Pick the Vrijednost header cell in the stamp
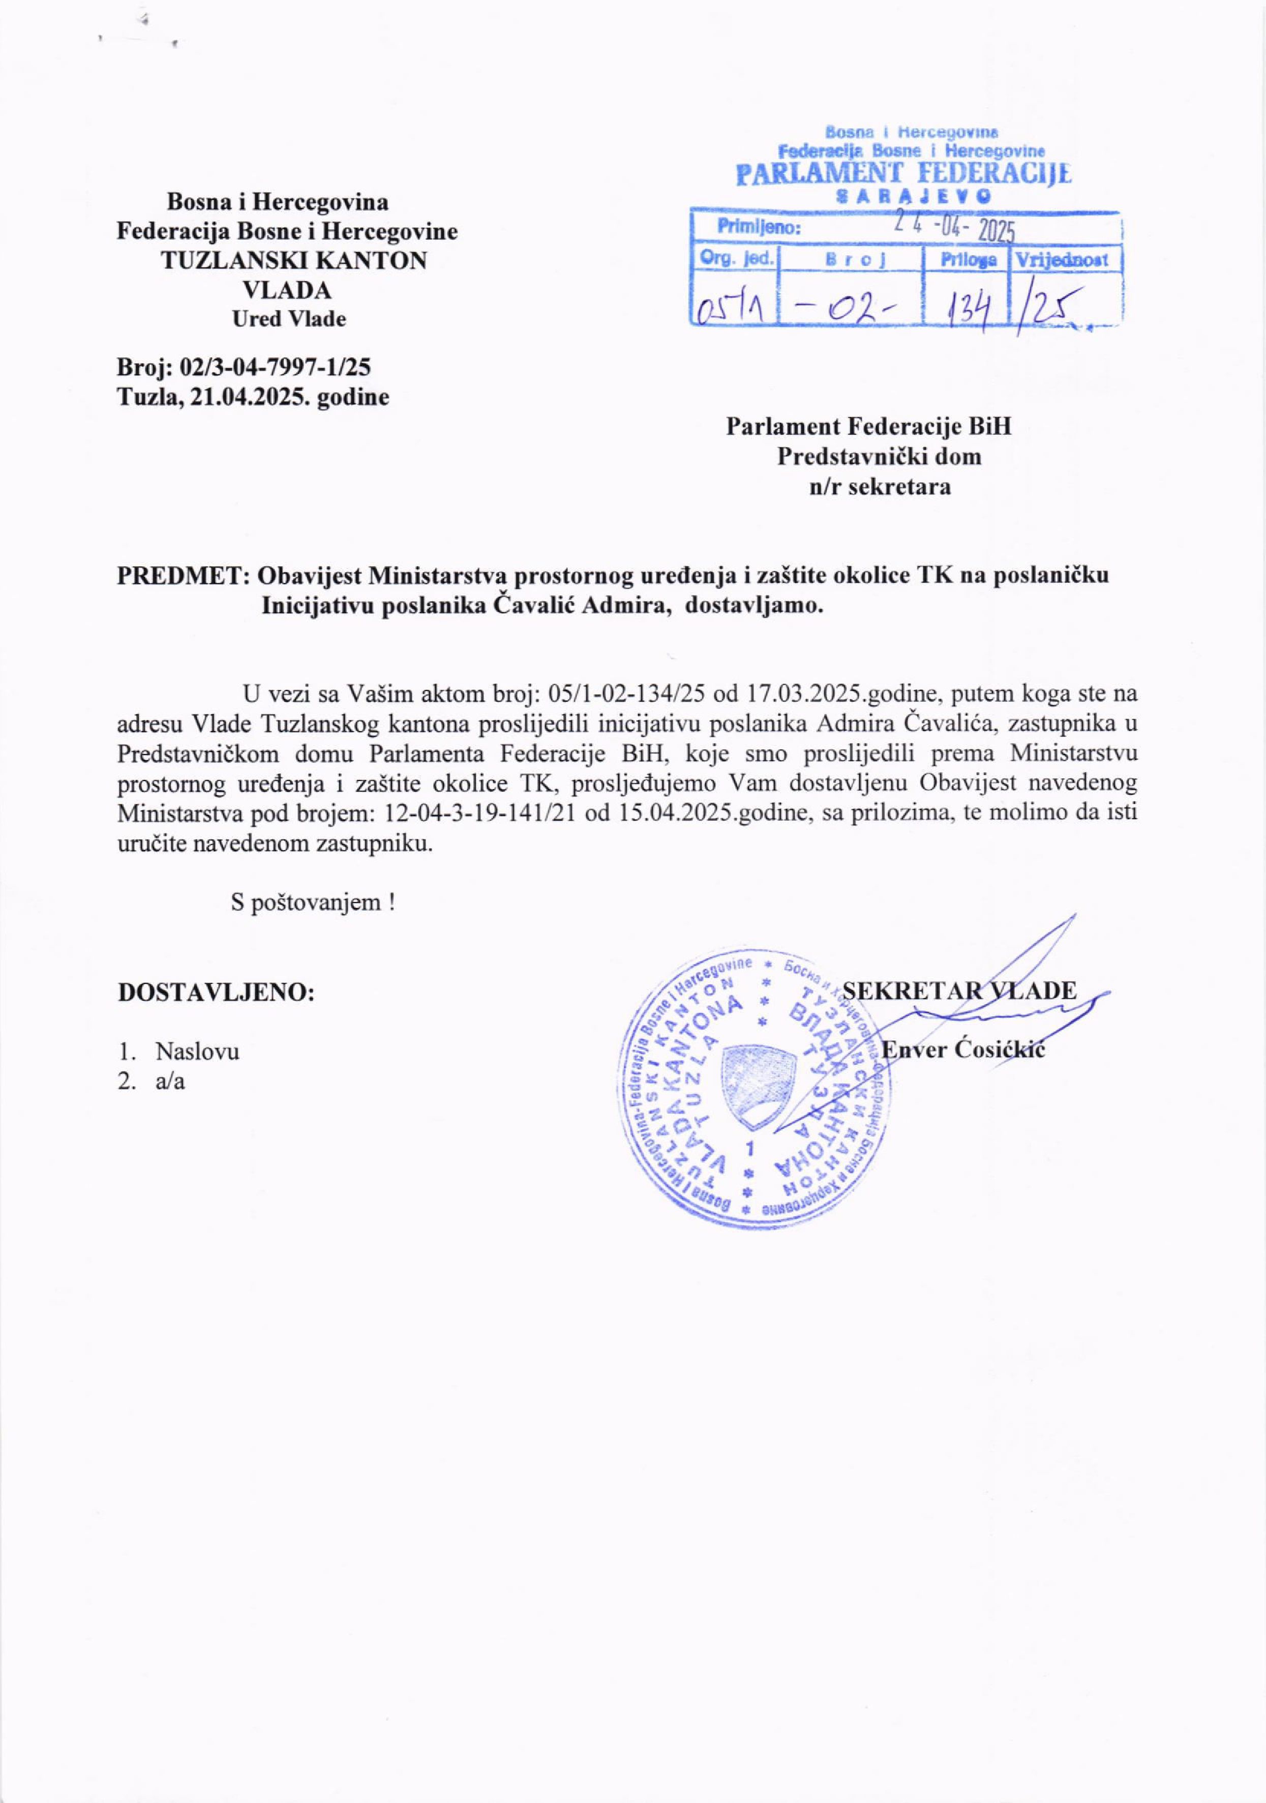(x=1067, y=260)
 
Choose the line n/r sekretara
(x=881, y=487)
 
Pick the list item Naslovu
(x=197, y=1050)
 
